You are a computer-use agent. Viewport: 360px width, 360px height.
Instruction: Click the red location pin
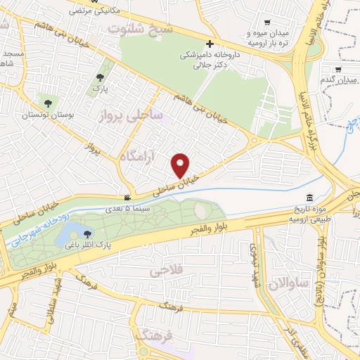181,165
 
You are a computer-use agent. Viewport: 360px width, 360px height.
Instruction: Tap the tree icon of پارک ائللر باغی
88,234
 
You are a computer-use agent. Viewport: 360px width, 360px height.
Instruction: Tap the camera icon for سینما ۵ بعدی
126,198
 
